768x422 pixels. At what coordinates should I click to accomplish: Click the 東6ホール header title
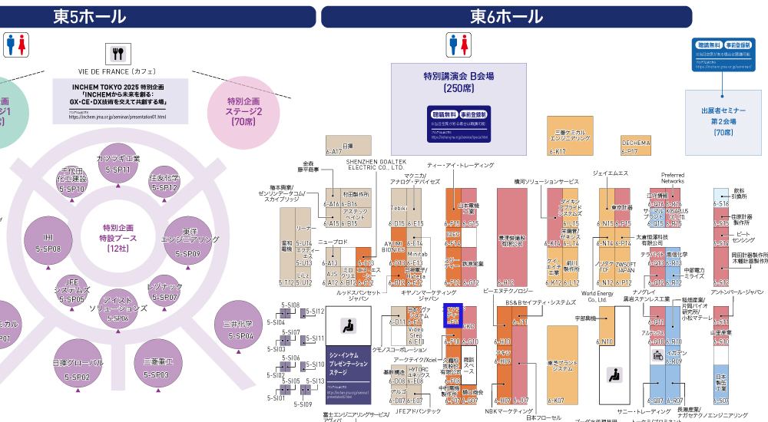[x=506, y=17]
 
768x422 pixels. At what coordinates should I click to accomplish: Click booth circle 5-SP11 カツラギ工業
[x=118, y=163]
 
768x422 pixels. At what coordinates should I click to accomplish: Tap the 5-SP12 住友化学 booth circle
[x=164, y=183]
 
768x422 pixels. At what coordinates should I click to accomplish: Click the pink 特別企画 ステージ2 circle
[x=243, y=110]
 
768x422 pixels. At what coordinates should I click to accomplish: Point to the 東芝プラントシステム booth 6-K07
[x=562, y=364]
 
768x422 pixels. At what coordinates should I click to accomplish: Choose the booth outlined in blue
[x=454, y=315]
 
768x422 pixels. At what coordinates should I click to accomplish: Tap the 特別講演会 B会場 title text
[x=458, y=77]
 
